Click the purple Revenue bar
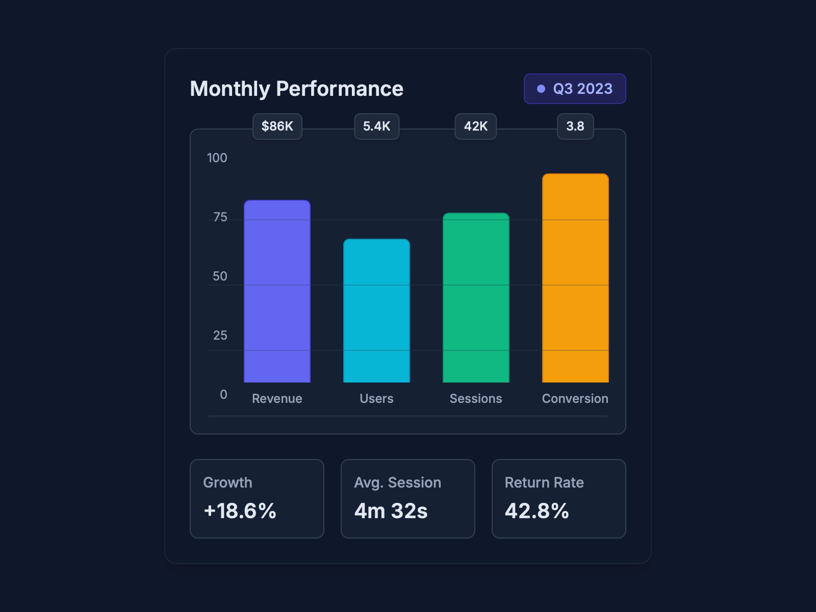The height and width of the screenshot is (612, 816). coord(277,291)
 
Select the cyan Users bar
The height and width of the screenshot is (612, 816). coord(376,311)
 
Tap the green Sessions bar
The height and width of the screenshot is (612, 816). coord(476,298)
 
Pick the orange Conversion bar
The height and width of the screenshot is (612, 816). coord(575,278)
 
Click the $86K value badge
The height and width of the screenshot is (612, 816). coord(277,126)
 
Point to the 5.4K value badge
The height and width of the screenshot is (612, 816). coord(376,126)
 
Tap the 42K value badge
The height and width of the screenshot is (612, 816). coord(475,126)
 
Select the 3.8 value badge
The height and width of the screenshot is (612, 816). coord(575,126)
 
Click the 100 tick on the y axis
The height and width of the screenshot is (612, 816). coord(217,158)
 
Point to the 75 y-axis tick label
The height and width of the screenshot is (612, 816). coord(220,217)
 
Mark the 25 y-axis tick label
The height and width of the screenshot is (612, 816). coord(220,336)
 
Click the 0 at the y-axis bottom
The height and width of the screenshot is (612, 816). coord(223,395)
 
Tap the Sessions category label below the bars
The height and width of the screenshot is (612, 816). coord(475,399)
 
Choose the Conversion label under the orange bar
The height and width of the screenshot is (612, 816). coord(575,399)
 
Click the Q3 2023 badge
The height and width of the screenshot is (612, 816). coord(575,89)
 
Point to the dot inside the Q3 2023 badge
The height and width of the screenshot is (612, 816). coord(541,89)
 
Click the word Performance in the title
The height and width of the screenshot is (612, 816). coord(340,89)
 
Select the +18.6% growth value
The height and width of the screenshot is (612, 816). coord(240,511)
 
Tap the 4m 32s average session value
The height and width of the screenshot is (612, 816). coord(391,511)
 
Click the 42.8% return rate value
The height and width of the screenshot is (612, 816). coord(537,511)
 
